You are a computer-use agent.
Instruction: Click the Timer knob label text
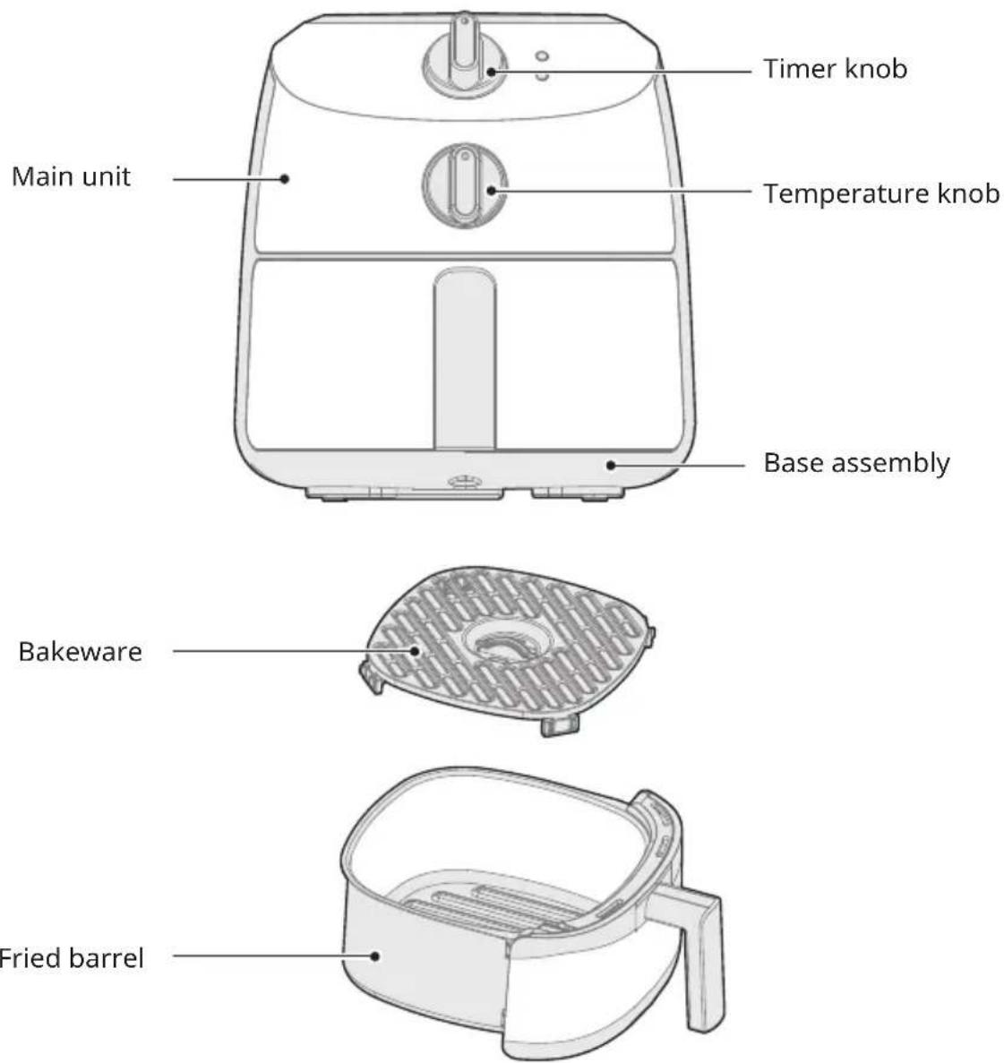coord(836,68)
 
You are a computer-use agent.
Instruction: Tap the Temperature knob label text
coord(881,193)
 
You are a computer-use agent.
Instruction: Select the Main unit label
coord(71,177)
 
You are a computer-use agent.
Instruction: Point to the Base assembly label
coord(857,463)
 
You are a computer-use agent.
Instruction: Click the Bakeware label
coord(80,651)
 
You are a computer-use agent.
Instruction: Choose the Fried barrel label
coord(71,958)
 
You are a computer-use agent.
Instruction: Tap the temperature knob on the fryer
coord(464,185)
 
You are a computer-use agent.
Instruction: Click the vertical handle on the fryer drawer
coord(464,358)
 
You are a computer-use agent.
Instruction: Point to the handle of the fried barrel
coord(699,949)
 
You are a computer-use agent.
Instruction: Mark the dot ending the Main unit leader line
coord(286,179)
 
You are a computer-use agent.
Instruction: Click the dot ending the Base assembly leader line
coord(611,465)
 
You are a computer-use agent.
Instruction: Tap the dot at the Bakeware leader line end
coord(416,651)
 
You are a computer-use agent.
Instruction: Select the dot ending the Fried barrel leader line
coord(375,956)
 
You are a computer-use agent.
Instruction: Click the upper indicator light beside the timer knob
coord(542,56)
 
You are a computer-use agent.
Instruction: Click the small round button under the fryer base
coord(464,482)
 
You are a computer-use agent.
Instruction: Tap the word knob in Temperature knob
coord(968,193)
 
